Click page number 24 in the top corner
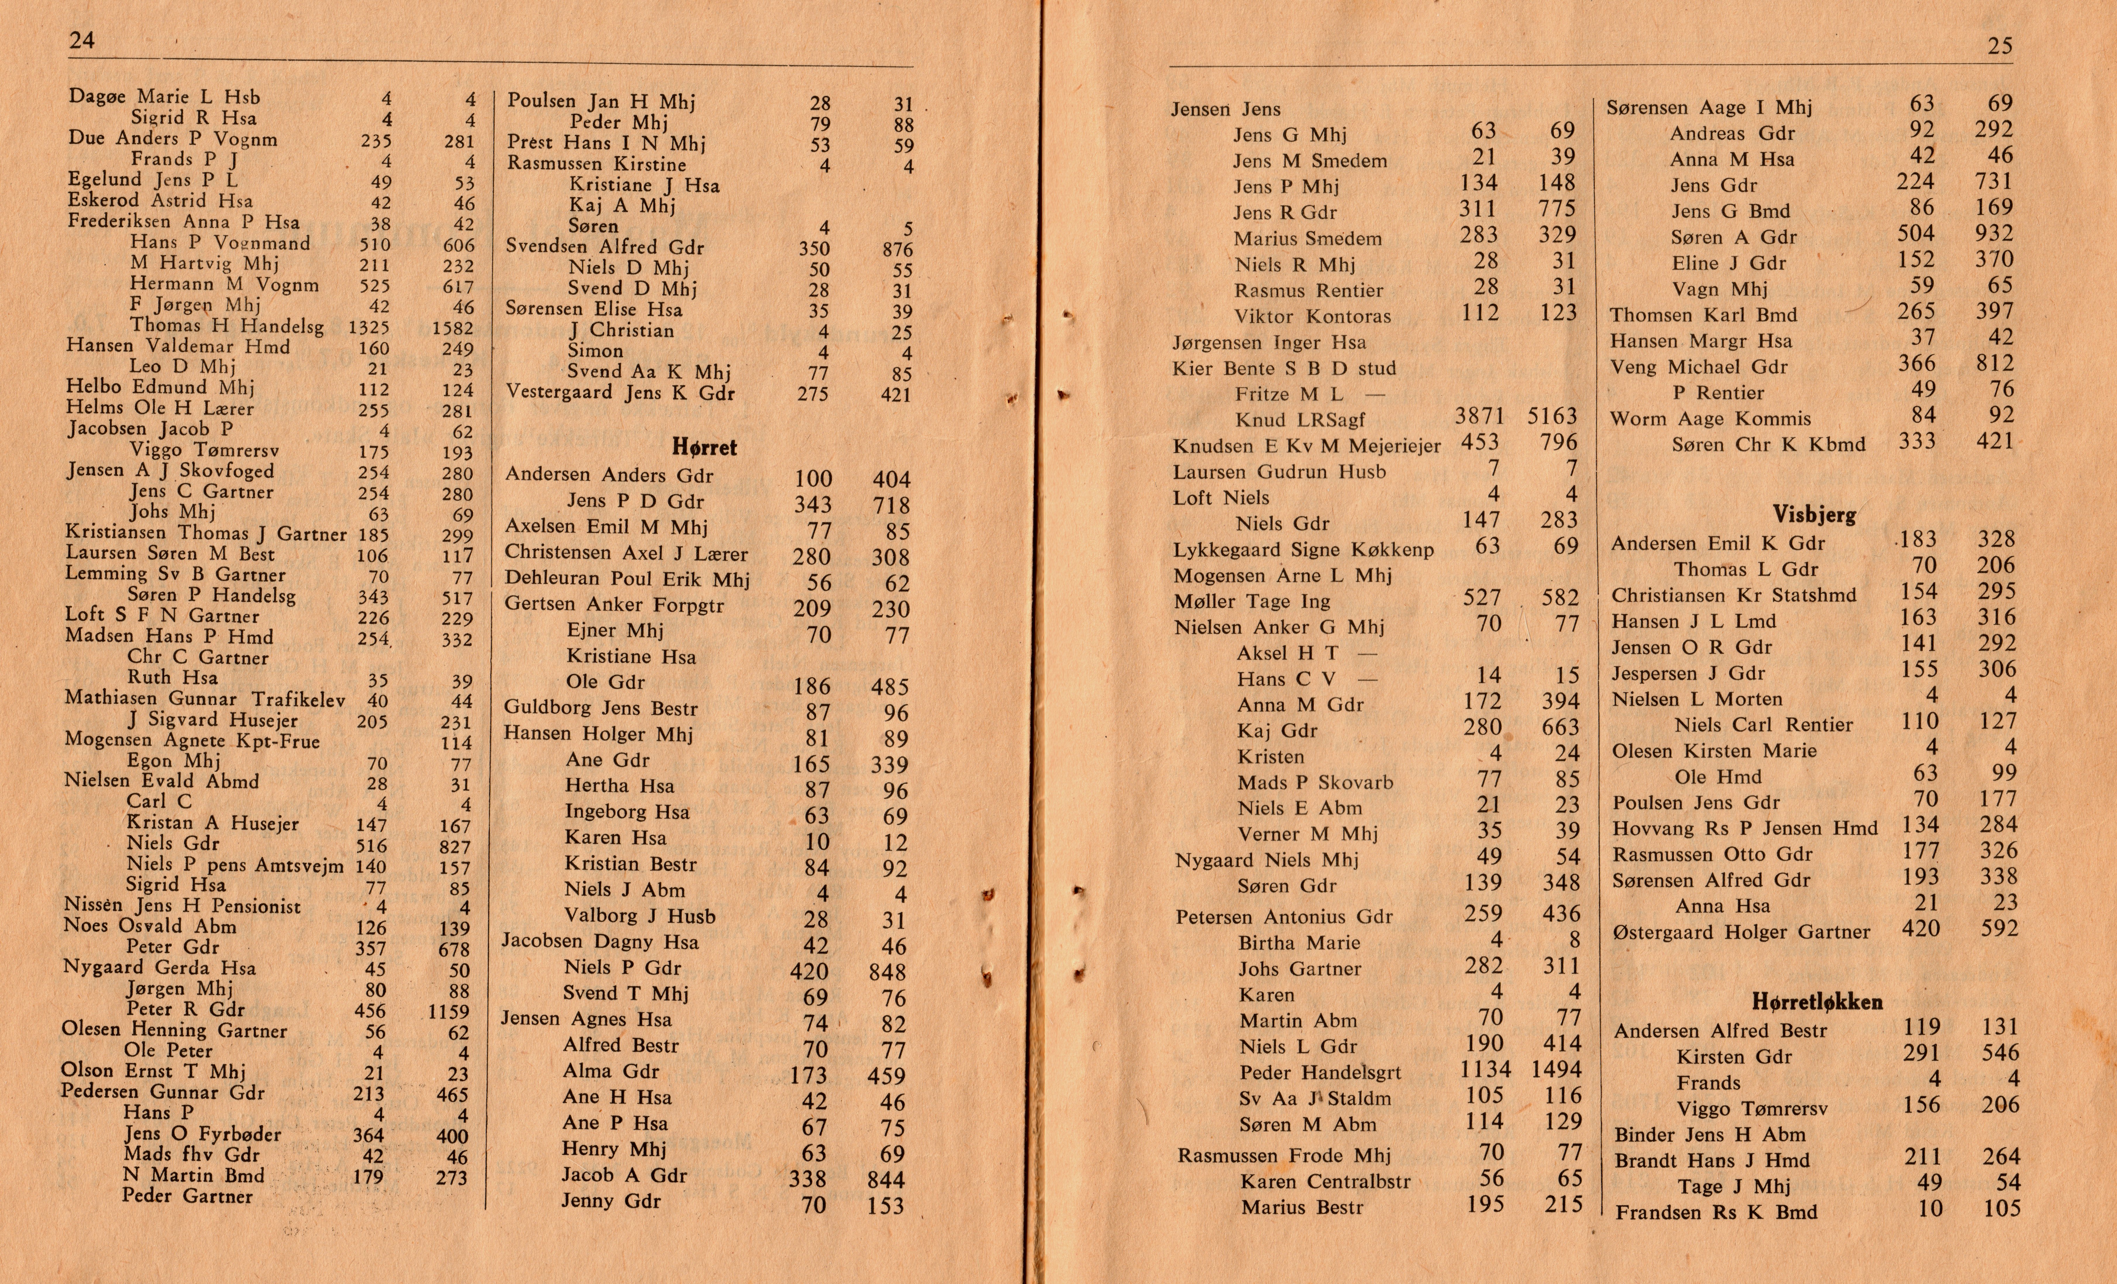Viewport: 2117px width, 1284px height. tap(82, 40)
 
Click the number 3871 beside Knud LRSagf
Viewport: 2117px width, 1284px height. tap(1479, 417)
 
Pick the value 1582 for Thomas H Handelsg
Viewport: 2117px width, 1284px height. tap(453, 327)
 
